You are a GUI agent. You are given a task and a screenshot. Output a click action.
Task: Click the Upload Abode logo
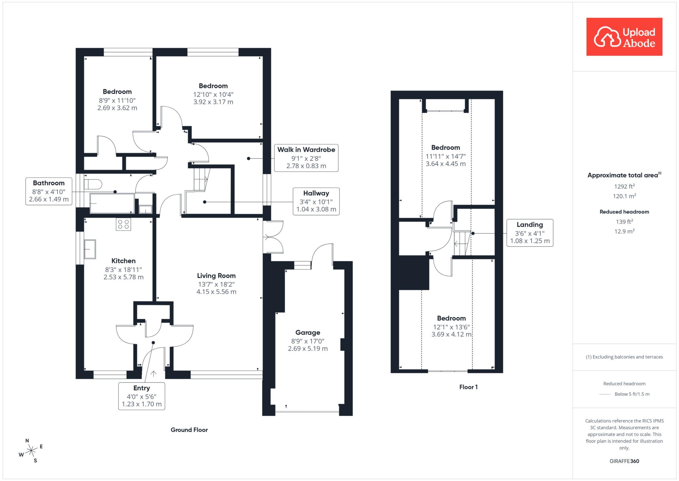click(x=624, y=37)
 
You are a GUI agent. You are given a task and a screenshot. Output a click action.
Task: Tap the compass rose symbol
click(x=31, y=450)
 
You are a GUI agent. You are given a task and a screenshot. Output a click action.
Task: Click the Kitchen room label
click(x=123, y=261)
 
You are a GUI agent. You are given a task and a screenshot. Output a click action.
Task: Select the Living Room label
click(x=216, y=276)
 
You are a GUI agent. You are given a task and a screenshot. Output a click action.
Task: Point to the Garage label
click(x=308, y=333)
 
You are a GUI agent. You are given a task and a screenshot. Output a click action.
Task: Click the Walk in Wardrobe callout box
click(x=306, y=158)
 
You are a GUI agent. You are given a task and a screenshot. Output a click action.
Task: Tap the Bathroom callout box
click(x=49, y=191)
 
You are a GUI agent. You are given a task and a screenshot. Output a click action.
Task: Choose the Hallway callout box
click(x=316, y=201)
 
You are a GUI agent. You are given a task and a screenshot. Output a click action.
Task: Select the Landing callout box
click(x=530, y=233)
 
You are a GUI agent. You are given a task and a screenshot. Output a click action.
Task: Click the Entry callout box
click(x=142, y=396)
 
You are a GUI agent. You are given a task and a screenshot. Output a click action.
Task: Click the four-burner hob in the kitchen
click(x=123, y=224)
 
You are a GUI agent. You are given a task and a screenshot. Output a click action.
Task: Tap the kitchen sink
click(x=90, y=249)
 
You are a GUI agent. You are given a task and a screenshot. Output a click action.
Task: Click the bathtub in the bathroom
click(x=112, y=203)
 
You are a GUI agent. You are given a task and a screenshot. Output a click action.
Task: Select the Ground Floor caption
click(x=189, y=430)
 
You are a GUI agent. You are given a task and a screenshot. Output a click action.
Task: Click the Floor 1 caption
click(x=468, y=387)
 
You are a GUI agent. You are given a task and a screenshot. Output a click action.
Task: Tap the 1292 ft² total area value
click(x=624, y=186)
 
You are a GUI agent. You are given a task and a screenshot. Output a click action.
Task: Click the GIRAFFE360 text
click(x=624, y=461)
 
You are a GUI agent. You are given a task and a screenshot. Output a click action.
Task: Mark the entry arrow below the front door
click(x=154, y=374)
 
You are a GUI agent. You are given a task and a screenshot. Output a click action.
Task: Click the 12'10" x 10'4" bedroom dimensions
click(x=213, y=95)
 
